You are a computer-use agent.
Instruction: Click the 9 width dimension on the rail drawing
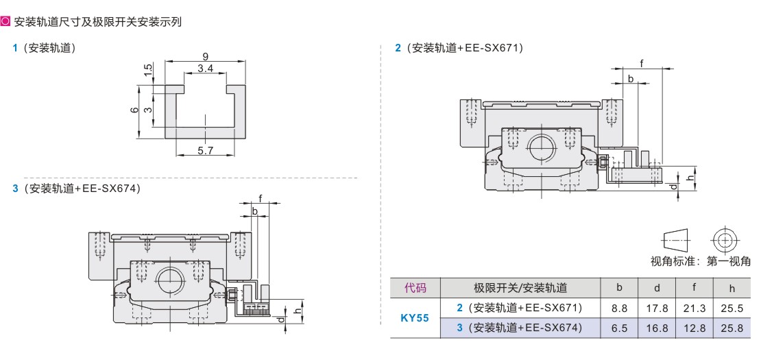(206, 56)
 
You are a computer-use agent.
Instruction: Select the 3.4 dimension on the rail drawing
(204, 69)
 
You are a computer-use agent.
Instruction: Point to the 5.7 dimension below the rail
(205, 150)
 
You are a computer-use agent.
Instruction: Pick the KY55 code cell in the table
(414, 318)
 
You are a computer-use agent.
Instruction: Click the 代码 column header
(415, 288)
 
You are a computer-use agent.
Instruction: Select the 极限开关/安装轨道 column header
(520, 288)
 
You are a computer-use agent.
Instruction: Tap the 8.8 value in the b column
(619, 309)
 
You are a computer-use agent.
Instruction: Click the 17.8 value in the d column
(657, 309)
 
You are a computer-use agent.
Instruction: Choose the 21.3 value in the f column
(694, 309)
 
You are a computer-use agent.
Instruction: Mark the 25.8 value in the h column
(732, 328)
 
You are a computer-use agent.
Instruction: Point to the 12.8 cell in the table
(694, 328)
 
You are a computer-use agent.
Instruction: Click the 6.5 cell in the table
(619, 328)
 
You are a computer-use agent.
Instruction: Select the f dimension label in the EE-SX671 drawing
(642, 63)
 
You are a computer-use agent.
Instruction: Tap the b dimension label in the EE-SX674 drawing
(254, 211)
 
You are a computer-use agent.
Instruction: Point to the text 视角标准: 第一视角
(700, 261)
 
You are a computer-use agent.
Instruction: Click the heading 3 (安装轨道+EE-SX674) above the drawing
(76, 188)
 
